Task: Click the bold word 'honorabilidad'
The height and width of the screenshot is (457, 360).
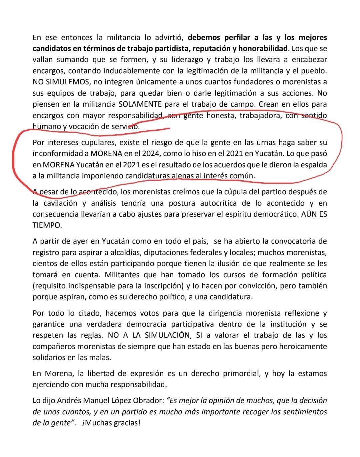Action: click(263, 49)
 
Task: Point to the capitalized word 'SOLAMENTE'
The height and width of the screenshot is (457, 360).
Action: click(140, 104)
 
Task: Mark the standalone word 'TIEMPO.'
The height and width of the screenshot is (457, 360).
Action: click(47, 225)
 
